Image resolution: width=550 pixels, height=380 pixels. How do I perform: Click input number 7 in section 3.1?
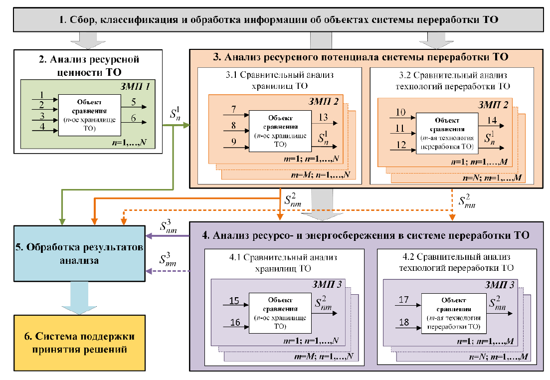pos(233,109)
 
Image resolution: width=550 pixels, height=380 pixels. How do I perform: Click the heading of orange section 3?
pos(360,57)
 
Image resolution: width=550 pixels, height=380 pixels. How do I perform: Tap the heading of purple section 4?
pos(370,234)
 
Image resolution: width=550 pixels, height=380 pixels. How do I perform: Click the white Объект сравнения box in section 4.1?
pos(281,313)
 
